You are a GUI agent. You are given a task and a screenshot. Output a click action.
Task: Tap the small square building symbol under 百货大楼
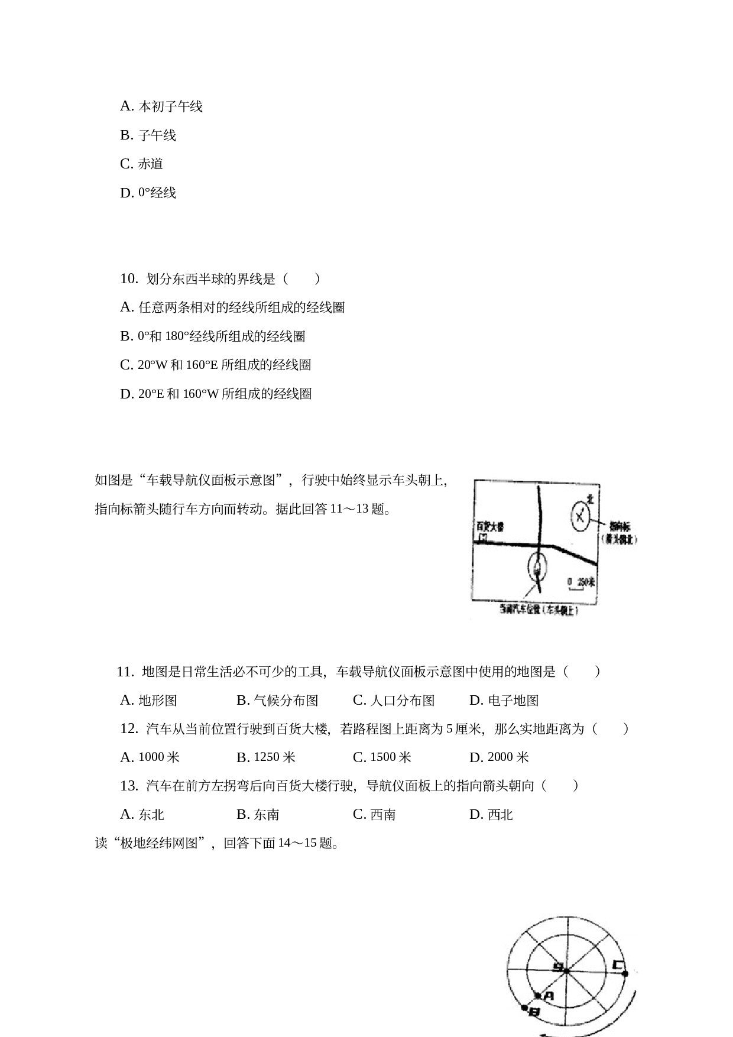pyautogui.click(x=484, y=538)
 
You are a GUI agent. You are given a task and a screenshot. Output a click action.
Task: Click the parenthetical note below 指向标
pyautogui.click(x=619, y=539)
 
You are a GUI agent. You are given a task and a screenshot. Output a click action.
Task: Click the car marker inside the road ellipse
pyautogui.click(x=537, y=571)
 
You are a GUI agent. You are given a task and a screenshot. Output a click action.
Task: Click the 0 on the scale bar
pyautogui.click(x=570, y=582)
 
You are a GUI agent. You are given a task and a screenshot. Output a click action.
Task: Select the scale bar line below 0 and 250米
pyautogui.click(x=576, y=589)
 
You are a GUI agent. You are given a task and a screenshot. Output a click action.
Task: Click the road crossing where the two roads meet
pyautogui.click(x=539, y=545)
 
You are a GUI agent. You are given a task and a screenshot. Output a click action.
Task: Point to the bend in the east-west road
pyautogui.click(x=553, y=546)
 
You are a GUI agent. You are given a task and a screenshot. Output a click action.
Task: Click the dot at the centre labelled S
pyautogui.click(x=566, y=971)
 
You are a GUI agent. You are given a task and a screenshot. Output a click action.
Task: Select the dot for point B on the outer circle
pyautogui.click(x=524, y=1007)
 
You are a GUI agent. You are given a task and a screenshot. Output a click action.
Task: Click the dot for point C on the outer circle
pyautogui.click(x=625, y=973)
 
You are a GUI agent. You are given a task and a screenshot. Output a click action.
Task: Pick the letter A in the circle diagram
pyautogui.click(x=548, y=996)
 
